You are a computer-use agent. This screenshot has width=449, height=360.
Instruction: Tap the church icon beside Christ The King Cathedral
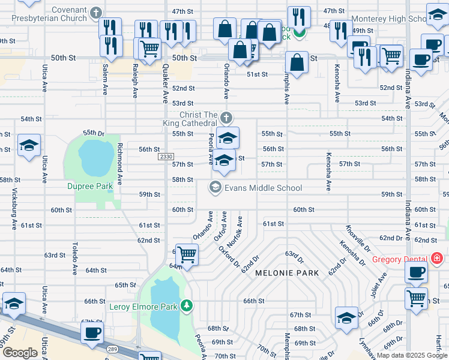tap(226, 116)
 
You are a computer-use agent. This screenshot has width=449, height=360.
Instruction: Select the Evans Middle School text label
tap(263, 188)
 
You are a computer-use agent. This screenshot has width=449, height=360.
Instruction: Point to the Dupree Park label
tap(89, 186)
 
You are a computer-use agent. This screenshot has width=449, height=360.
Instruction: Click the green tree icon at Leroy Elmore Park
tap(187, 307)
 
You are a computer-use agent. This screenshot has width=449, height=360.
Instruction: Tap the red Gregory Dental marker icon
tap(437, 259)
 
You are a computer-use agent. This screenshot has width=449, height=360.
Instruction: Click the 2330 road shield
tap(166, 157)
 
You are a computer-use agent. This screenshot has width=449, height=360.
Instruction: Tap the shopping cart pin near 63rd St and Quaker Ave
tap(187, 254)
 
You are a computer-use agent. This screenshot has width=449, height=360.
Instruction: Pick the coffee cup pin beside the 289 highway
tap(92, 332)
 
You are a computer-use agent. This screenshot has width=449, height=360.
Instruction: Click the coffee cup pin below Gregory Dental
tap(415, 272)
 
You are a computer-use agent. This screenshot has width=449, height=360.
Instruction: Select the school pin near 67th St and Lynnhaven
tap(346, 317)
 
